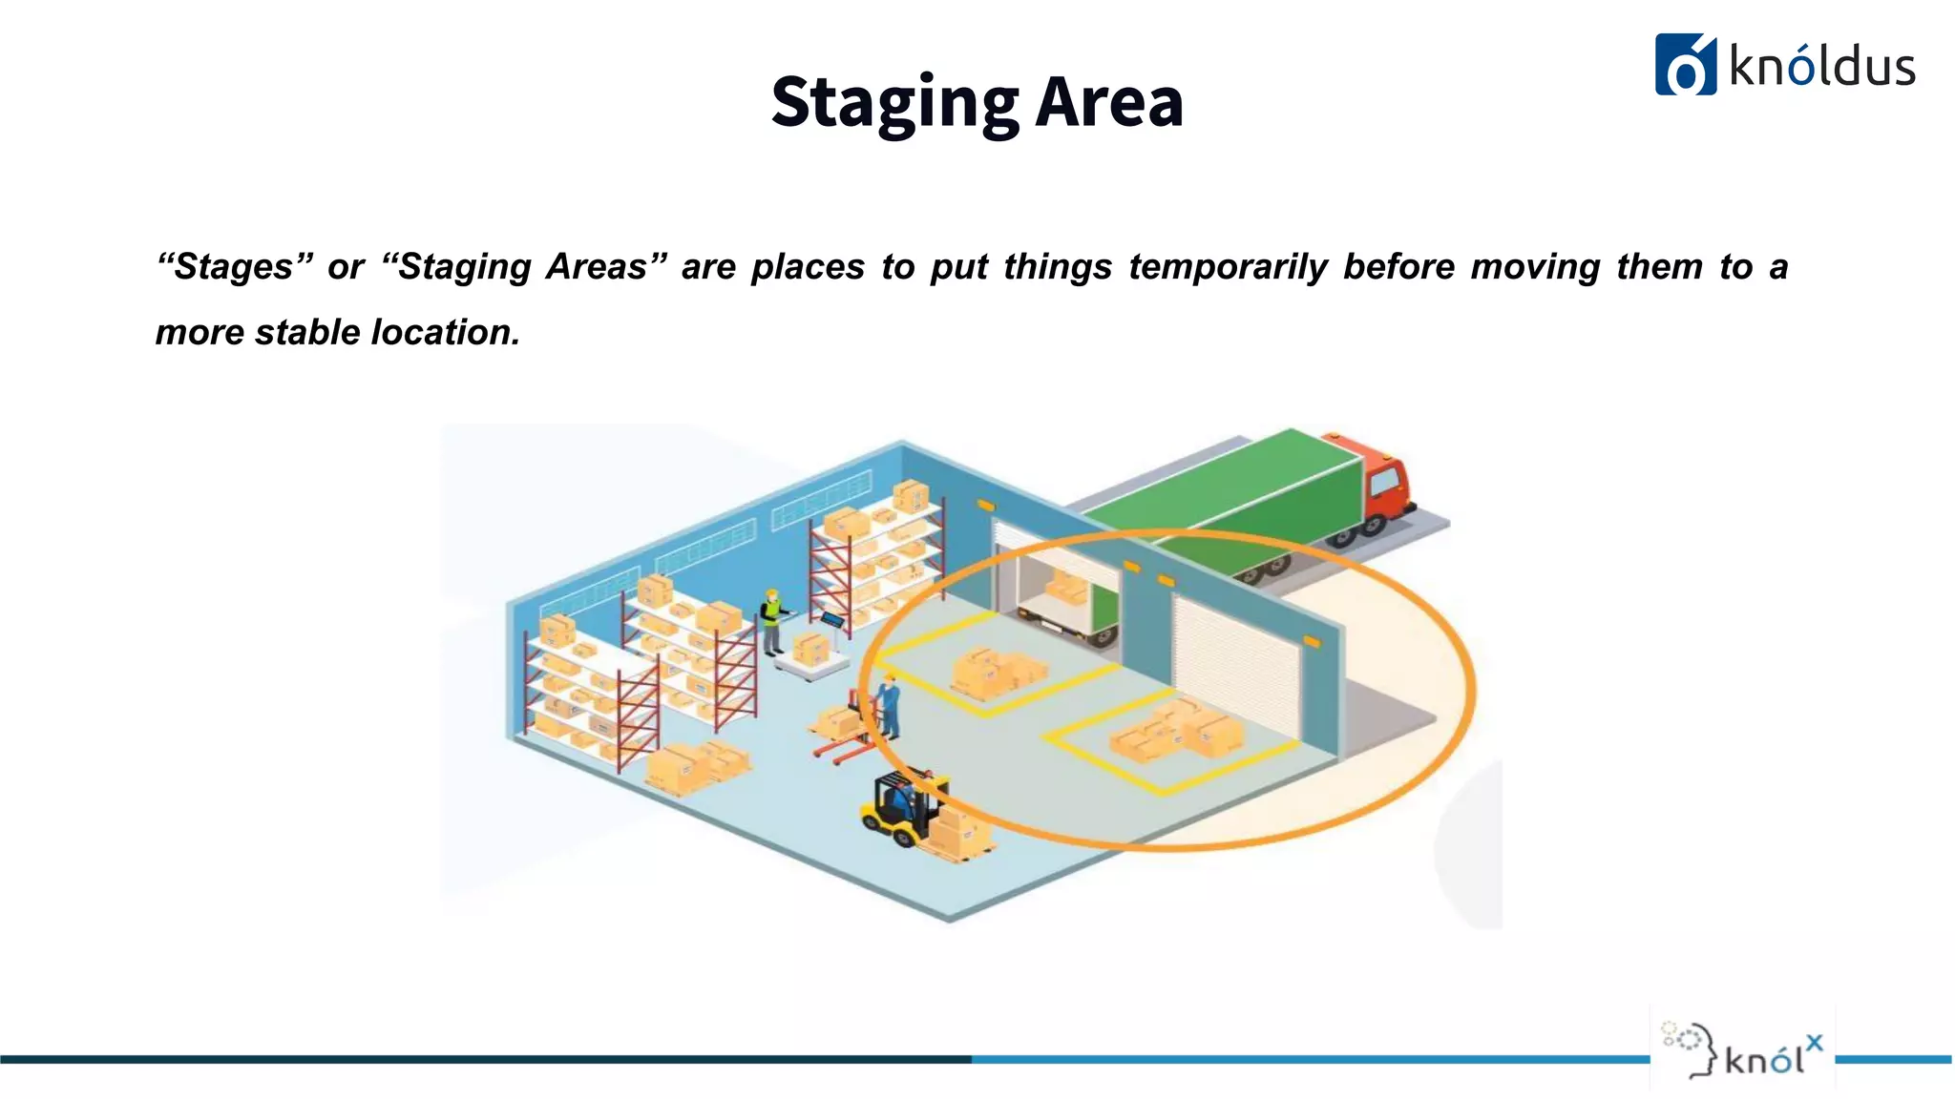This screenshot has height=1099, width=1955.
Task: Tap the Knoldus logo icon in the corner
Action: pyautogui.click(x=1685, y=65)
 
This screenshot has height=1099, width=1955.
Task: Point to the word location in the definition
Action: pyautogui.click(x=445, y=332)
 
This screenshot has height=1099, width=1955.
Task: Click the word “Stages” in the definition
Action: pyautogui.click(x=235, y=267)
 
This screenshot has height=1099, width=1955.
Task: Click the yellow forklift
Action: pyautogui.click(x=902, y=806)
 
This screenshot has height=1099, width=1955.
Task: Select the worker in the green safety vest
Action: pyautogui.click(x=771, y=620)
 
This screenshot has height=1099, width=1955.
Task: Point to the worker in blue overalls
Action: pyautogui.click(x=889, y=706)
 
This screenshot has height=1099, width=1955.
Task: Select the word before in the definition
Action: pyautogui.click(x=1398, y=267)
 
